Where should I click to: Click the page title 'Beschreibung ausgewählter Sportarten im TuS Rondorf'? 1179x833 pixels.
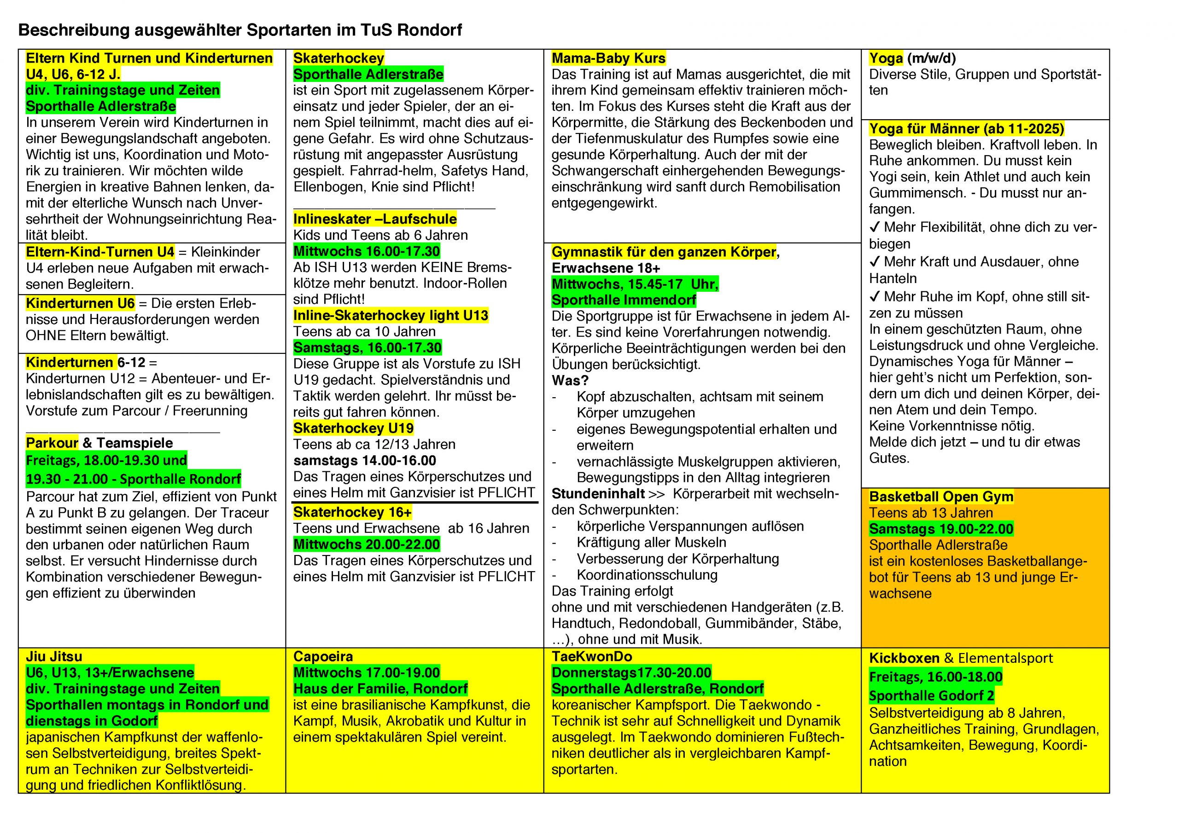tap(240, 30)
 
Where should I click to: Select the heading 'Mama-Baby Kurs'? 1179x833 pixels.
tap(608, 58)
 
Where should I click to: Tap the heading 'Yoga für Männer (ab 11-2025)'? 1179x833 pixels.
tap(966, 128)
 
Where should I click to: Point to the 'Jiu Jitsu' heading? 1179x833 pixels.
tap(54, 656)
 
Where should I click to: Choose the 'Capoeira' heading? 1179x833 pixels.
tap(323, 656)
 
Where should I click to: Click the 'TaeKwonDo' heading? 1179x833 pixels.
tap(591, 656)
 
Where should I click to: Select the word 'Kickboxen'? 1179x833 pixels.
tap(904, 658)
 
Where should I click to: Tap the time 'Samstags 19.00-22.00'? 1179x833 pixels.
tap(941, 529)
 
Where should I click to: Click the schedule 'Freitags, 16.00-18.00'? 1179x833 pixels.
tap(935, 677)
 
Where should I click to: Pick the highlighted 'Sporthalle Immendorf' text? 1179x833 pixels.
tap(624, 300)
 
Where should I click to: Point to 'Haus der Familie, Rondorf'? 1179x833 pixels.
tap(380, 688)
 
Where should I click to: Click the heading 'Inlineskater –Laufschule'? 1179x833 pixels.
tap(375, 219)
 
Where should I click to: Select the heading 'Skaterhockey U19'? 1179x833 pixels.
tap(353, 428)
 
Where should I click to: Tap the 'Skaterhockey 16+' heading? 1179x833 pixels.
tap(352, 512)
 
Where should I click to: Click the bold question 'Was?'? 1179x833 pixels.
tap(570, 380)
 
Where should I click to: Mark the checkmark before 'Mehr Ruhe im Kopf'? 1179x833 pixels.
tap(875, 297)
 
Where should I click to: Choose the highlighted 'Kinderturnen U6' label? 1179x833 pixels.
tap(80, 303)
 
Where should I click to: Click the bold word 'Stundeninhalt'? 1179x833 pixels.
tap(598, 494)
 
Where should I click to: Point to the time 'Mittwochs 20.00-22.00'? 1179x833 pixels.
tap(366, 544)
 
